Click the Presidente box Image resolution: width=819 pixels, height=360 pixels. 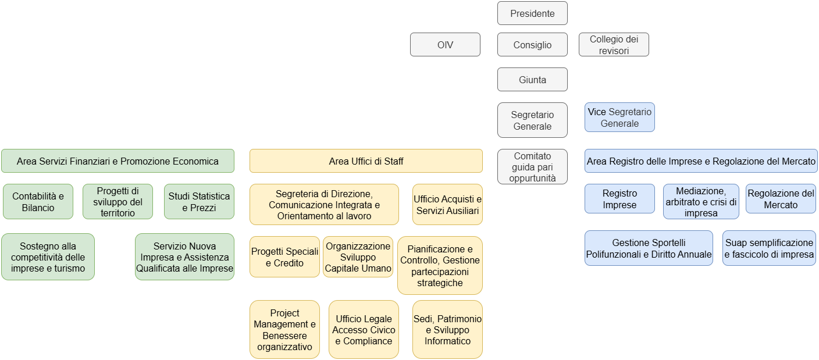tap(532, 13)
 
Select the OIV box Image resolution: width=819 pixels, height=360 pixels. tap(445, 45)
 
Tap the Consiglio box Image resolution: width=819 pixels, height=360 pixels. tap(532, 45)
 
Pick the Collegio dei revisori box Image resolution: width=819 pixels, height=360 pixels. tap(614, 45)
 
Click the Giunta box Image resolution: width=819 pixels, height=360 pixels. tap(532, 80)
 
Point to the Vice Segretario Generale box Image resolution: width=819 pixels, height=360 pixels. tap(619, 117)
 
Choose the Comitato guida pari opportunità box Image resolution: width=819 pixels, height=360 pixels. tap(532, 167)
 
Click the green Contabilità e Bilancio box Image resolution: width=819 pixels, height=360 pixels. tap(38, 202)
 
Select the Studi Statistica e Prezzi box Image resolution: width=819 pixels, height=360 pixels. tap(199, 202)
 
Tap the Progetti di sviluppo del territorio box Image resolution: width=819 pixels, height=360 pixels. tap(117, 202)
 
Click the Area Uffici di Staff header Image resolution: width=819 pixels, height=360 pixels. tap(366, 161)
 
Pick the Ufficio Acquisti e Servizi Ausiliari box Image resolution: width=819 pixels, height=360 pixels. tap(447, 205)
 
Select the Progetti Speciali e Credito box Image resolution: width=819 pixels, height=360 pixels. tap(284, 257)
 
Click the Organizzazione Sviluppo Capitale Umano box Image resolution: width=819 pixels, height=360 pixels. tap(358, 257)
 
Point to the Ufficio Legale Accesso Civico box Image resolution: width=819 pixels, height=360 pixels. tap(364, 330)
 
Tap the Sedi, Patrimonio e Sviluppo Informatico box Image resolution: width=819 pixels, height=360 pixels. tap(447, 330)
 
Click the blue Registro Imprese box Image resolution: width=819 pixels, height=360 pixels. tap(619, 199)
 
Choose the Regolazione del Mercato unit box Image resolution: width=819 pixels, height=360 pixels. tap(781, 199)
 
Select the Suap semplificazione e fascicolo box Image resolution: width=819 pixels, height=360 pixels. tap(769, 248)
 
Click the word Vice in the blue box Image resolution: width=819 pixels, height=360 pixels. tap(597, 112)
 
